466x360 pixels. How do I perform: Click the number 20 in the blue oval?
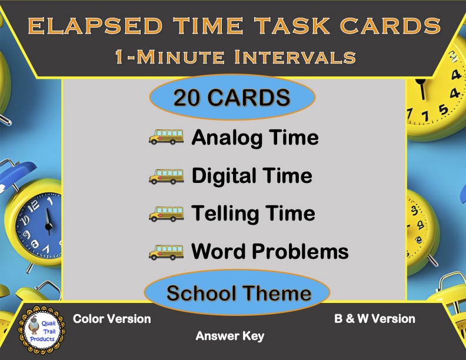188,97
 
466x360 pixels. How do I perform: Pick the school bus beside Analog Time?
166,138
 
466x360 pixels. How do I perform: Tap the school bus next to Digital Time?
166,175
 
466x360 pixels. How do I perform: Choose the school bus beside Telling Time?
166,213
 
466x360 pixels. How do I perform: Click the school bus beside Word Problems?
166,251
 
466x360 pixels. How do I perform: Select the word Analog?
227,138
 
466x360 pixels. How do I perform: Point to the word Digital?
224,175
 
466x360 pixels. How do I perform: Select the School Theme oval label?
238,292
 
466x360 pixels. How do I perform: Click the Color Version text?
112,319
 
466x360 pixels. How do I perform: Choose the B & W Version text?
375,319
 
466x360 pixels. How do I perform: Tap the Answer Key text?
230,336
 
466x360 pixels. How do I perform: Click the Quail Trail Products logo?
42,331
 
